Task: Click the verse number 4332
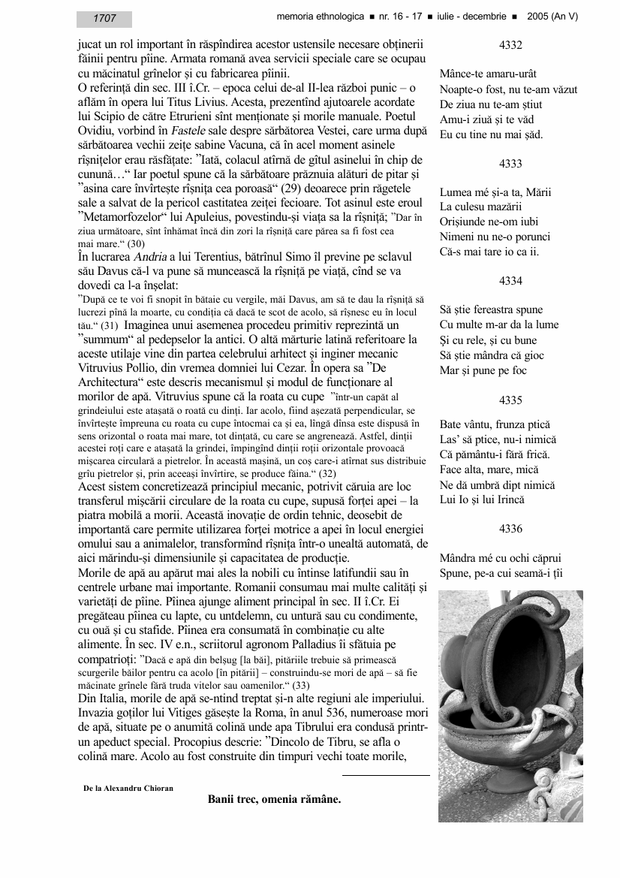point(510,46)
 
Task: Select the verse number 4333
point(510,163)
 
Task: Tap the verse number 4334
point(510,281)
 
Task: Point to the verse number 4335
point(510,400)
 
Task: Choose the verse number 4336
point(510,529)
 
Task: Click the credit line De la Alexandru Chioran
point(128,788)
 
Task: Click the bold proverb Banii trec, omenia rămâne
point(275,799)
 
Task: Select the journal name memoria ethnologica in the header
point(319,16)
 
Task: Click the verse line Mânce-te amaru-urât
point(488,75)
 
